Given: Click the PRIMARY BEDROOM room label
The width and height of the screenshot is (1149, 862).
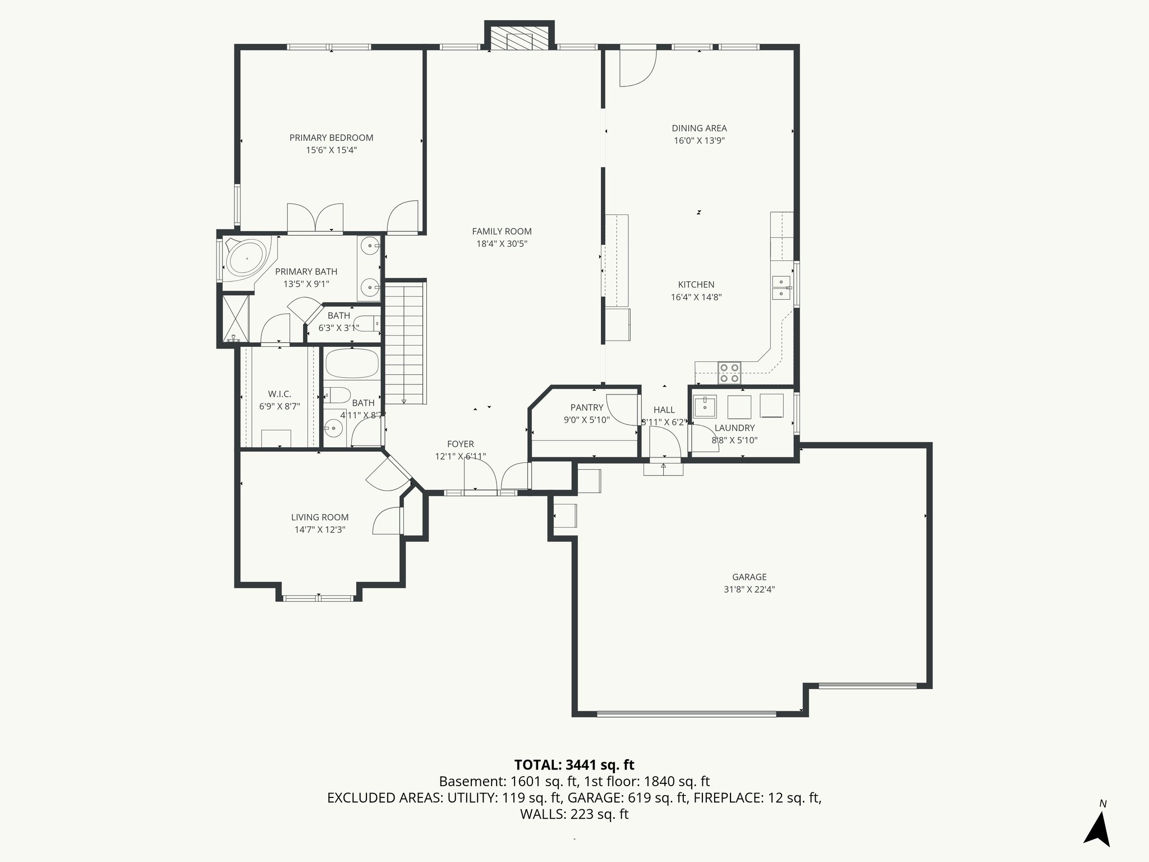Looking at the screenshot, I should click(331, 137).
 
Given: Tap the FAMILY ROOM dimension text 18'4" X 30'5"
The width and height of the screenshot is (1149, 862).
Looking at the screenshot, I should click(502, 244).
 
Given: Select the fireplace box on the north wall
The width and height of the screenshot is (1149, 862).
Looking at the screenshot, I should click(519, 38).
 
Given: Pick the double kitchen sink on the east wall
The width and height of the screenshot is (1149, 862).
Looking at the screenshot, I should click(781, 287).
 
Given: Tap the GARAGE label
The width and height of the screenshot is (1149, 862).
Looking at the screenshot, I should click(749, 577).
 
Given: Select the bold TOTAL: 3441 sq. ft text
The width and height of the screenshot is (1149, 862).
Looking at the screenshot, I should click(574, 765).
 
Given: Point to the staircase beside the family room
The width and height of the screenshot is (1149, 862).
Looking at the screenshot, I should click(404, 342).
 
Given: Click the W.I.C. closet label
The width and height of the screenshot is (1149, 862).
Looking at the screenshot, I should click(279, 394).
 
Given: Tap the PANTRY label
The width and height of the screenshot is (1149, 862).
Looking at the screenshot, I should click(586, 407).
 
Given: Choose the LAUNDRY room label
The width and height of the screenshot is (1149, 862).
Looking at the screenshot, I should click(734, 428).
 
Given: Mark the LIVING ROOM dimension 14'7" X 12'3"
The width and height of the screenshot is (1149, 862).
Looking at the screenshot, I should click(320, 529).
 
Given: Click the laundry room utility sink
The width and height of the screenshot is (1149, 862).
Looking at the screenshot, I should click(705, 407).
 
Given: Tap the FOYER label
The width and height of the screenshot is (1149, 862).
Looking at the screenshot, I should click(460, 444).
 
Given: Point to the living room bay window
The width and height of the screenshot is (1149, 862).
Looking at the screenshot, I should click(318, 598).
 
